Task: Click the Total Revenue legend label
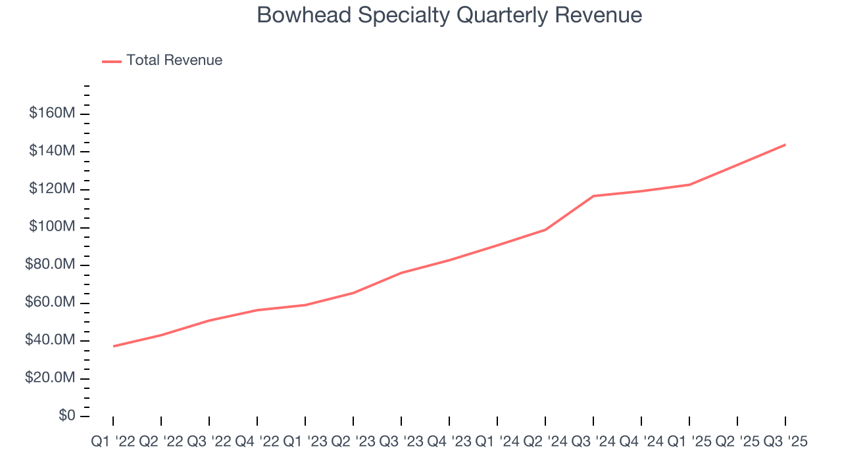[x=174, y=60]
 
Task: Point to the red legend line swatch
[x=112, y=61]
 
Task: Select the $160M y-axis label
[x=52, y=114]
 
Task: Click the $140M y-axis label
[x=52, y=151]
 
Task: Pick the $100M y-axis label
[x=52, y=227]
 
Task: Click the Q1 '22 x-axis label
[x=113, y=442]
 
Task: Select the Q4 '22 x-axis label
[x=257, y=442]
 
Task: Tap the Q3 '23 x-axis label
[x=401, y=442]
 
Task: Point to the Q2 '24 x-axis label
[x=545, y=442]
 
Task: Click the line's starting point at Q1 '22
[x=113, y=346]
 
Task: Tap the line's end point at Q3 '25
[x=785, y=145]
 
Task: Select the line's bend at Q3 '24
[x=593, y=196]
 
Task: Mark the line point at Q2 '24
[x=545, y=229]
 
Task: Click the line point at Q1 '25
[x=689, y=185]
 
